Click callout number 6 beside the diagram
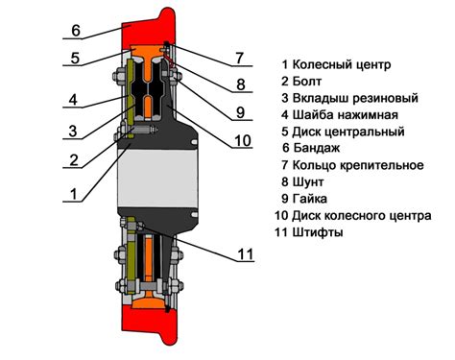(x=76, y=29)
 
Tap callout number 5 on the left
(x=73, y=59)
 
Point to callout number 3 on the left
(x=72, y=131)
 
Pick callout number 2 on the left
(x=72, y=160)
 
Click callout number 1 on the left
(x=72, y=193)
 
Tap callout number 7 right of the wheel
(x=239, y=59)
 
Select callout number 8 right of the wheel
(x=242, y=84)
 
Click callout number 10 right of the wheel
(x=243, y=141)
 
